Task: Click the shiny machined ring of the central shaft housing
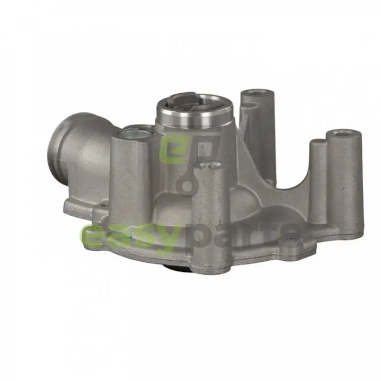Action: click(194, 117)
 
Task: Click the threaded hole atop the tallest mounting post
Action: click(257, 93)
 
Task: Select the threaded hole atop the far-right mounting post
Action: click(343, 133)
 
